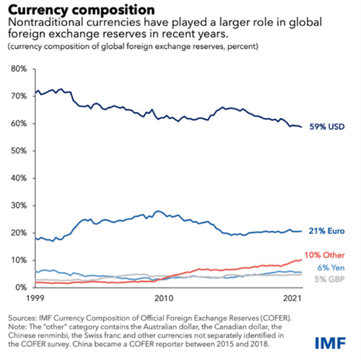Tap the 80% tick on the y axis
(x=19, y=69)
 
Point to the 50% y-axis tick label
(x=19, y=151)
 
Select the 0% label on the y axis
(x=22, y=287)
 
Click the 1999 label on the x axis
(x=35, y=297)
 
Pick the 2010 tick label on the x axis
(x=164, y=297)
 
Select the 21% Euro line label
(x=327, y=231)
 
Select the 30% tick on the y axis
(x=19, y=205)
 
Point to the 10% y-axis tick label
(x=19, y=260)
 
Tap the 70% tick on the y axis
(x=19, y=96)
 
